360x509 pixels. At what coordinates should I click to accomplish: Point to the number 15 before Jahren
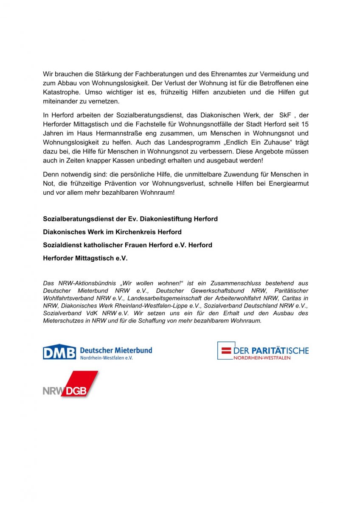click(x=304, y=124)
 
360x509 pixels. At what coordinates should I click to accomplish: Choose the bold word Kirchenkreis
click(x=134, y=232)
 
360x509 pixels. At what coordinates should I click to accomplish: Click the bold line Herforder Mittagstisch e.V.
click(x=85, y=258)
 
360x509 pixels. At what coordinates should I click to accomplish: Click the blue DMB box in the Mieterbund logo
click(x=59, y=352)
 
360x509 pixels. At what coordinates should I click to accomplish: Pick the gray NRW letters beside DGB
click(x=51, y=391)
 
